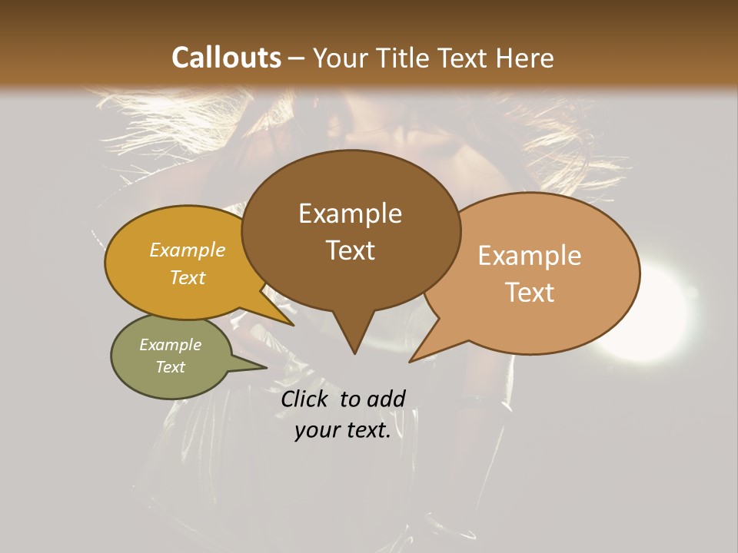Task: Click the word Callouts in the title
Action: pos(226,58)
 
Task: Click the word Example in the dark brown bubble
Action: pos(350,214)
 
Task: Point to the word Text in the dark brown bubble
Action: pos(350,250)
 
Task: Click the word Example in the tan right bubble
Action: pos(530,256)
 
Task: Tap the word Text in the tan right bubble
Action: pos(530,292)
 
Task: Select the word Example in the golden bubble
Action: pos(188,250)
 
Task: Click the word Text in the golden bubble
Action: pos(188,277)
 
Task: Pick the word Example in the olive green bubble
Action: pos(170,345)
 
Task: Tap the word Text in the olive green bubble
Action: pos(170,367)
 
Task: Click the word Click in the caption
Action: pos(306,399)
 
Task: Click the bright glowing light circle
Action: pos(648,313)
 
